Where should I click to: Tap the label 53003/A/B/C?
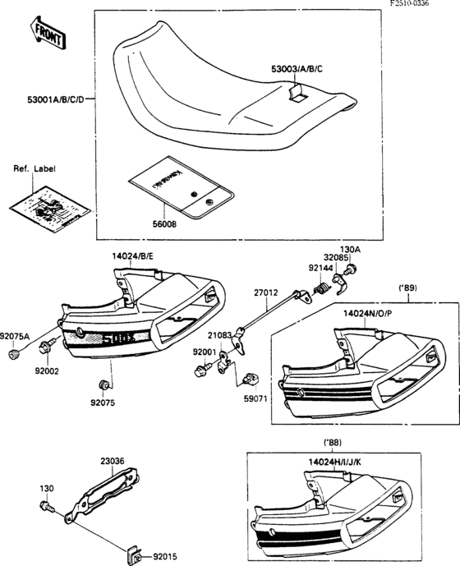(303, 70)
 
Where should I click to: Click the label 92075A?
(16, 336)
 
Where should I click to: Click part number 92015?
(164, 554)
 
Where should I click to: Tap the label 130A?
(351, 250)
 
